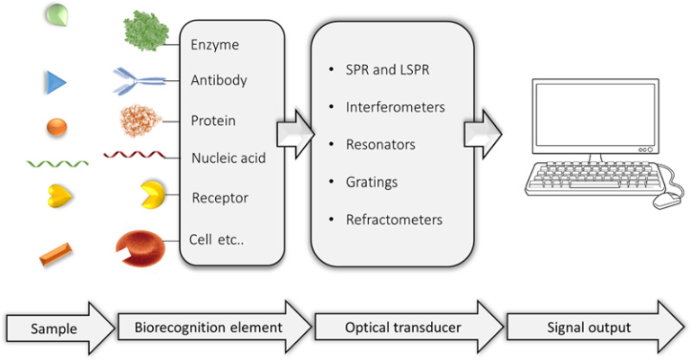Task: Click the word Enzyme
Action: [x=215, y=43]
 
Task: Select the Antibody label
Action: [x=219, y=81]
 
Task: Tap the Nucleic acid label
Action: [x=229, y=158]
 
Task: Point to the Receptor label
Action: [x=220, y=197]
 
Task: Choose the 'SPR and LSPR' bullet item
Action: [x=387, y=70]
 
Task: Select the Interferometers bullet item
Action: [x=395, y=107]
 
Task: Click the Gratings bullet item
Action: [x=372, y=182]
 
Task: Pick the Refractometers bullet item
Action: [x=394, y=219]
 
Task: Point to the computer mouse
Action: [x=667, y=201]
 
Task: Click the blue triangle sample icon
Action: [x=56, y=84]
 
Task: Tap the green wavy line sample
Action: [x=58, y=164]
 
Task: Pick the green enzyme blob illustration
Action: [x=146, y=32]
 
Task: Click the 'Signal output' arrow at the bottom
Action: [x=594, y=328]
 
